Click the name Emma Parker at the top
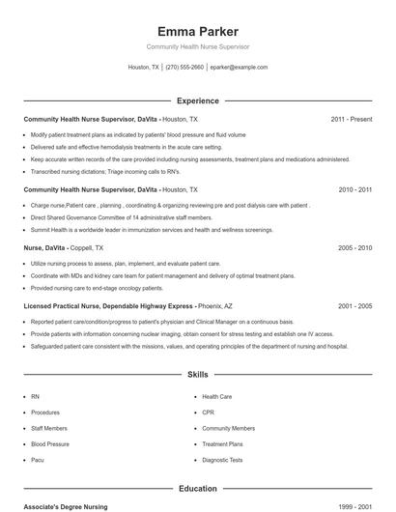pyautogui.click(x=197, y=31)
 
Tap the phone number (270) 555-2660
pyautogui.click(x=184, y=68)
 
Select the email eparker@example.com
pyautogui.click(x=239, y=68)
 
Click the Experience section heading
pyautogui.click(x=197, y=100)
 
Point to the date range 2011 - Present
pyautogui.click(x=351, y=119)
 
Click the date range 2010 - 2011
pyautogui.click(x=354, y=190)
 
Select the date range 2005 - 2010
pyautogui.click(x=354, y=248)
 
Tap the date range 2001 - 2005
pyautogui.click(x=354, y=305)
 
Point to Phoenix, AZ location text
pyautogui.click(x=214, y=305)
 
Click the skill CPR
pyautogui.click(x=208, y=412)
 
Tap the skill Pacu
pyautogui.click(x=38, y=460)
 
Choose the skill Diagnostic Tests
pyautogui.click(x=222, y=460)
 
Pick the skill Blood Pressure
pyautogui.click(x=49, y=444)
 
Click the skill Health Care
pyautogui.click(x=216, y=397)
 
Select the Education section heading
pyautogui.click(x=197, y=489)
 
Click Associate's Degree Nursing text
pyautogui.click(x=66, y=506)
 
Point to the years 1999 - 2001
pyautogui.click(x=354, y=506)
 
